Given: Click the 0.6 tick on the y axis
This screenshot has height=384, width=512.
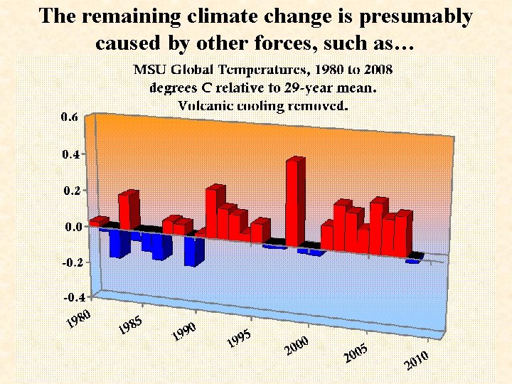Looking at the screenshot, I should tap(69, 117).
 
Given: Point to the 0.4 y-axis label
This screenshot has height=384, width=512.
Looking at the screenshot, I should tap(69, 154).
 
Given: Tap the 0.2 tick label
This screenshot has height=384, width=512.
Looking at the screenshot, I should tap(69, 191).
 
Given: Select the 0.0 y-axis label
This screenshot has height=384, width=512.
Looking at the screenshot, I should tap(69, 227).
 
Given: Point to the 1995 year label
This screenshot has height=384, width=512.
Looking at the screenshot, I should tap(240, 339).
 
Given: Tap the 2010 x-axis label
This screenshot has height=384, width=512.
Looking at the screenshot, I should tap(416, 361).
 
